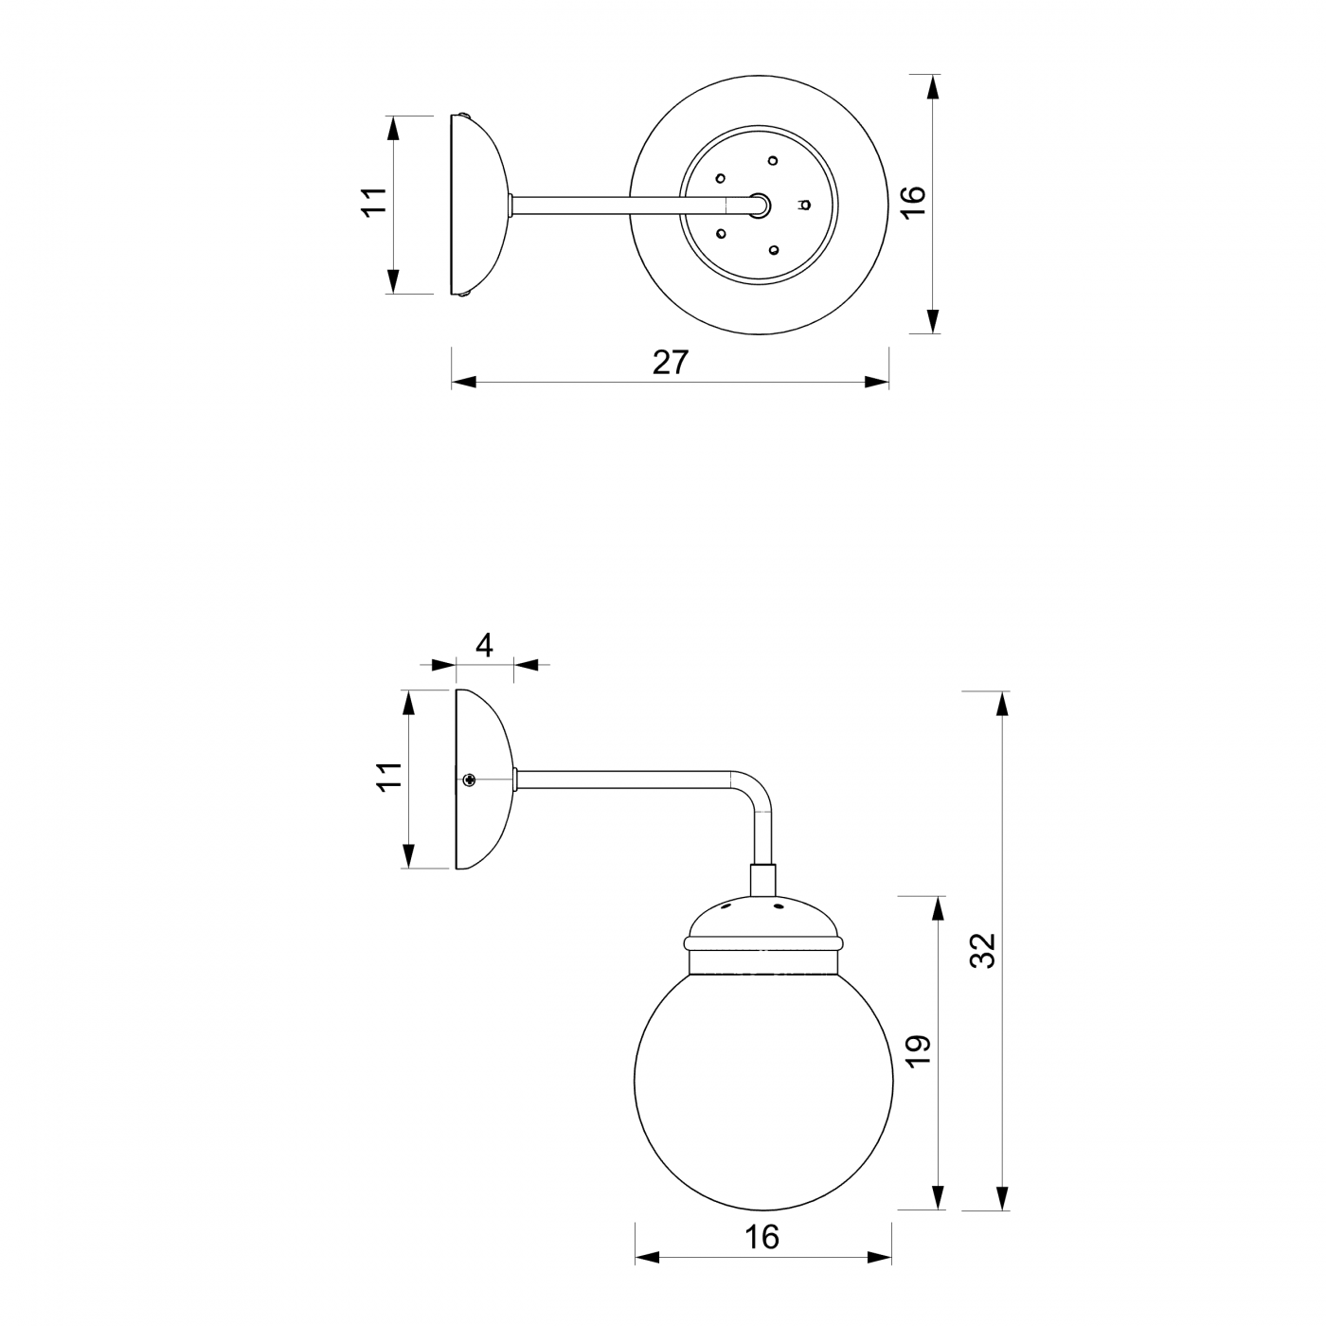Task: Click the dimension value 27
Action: [x=671, y=362]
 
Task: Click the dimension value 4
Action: [x=484, y=645]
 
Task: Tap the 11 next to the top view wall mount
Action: [x=375, y=203]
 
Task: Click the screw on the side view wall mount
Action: [x=469, y=779]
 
